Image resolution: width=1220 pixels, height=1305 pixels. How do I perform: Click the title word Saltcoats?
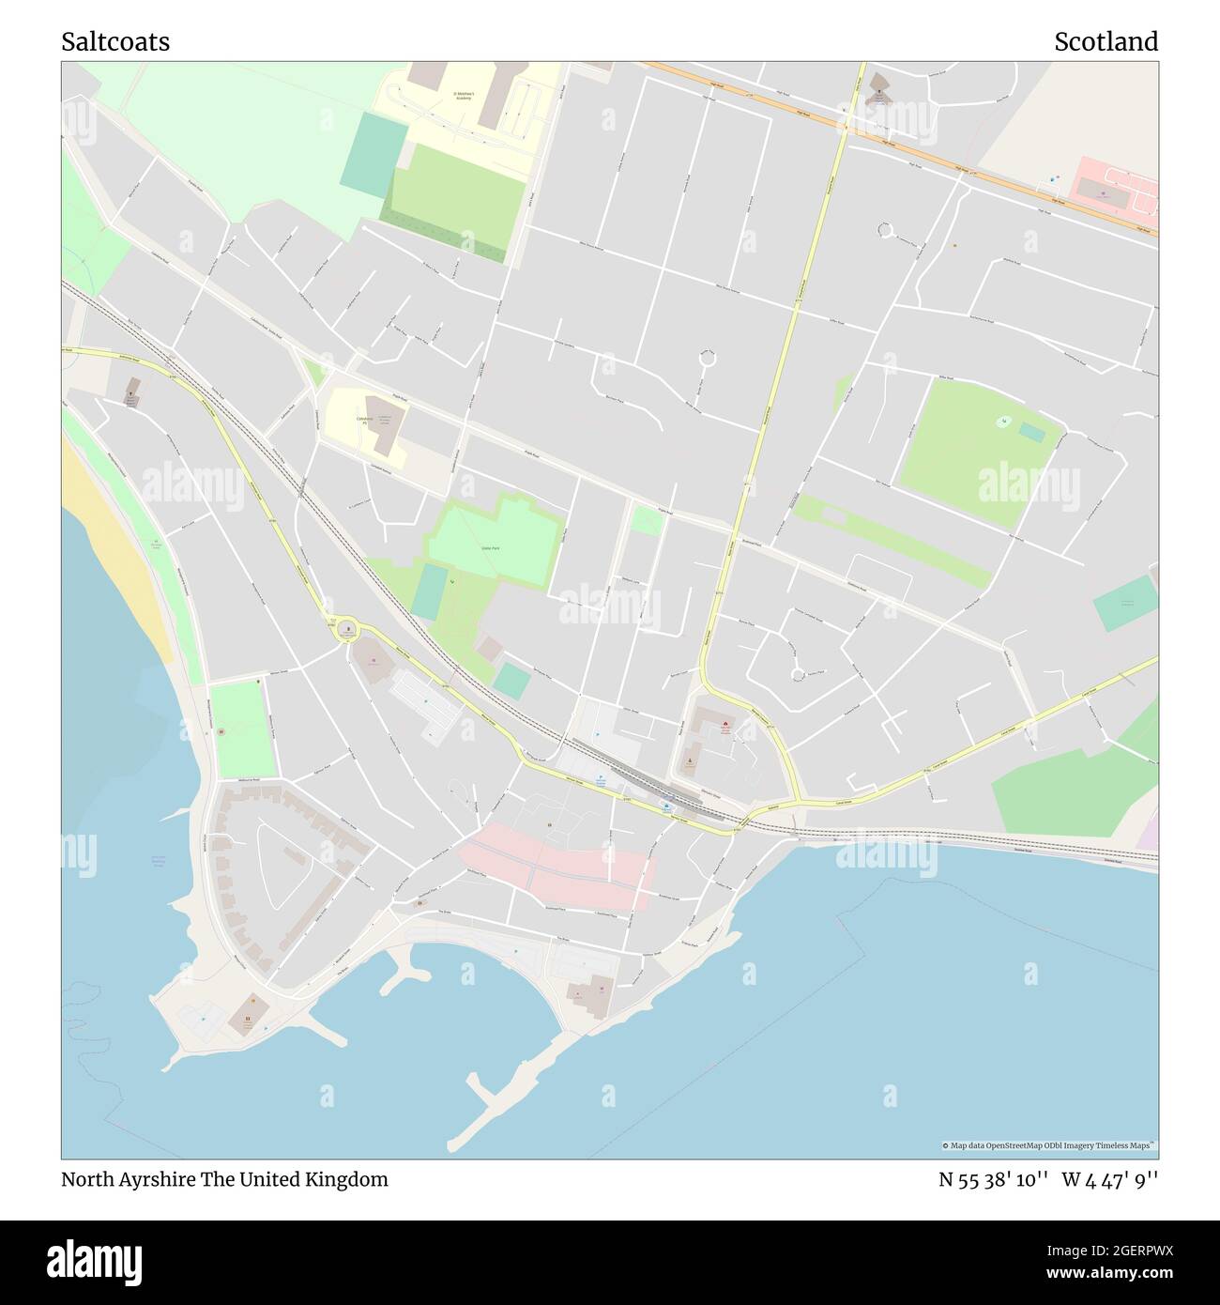point(115,42)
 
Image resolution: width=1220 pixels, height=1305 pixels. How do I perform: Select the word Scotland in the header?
point(1106,42)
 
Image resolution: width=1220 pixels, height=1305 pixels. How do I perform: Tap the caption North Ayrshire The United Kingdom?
point(224,1179)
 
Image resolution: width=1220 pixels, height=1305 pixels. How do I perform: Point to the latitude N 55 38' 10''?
point(993,1179)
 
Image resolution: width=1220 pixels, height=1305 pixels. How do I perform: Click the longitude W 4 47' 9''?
point(1110,1179)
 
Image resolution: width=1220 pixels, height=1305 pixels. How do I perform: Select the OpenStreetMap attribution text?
point(1048,1145)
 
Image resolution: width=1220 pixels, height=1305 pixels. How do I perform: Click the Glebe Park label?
point(488,545)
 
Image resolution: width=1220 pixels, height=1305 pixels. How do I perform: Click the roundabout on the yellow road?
point(347,630)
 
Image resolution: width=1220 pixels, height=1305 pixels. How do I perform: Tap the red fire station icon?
point(724,724)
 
